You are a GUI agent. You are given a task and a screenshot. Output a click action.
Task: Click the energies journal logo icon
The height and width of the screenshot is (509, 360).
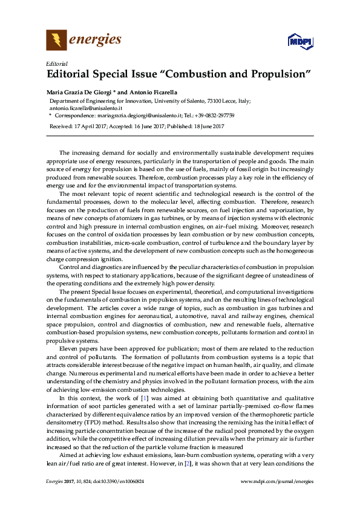click(x=56, y=41)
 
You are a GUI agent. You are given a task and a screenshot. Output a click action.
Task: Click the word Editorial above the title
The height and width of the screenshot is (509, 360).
click(x=56, y=64)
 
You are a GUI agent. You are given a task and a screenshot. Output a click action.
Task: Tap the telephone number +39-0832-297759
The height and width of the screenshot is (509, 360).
click(x=213, y=114)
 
